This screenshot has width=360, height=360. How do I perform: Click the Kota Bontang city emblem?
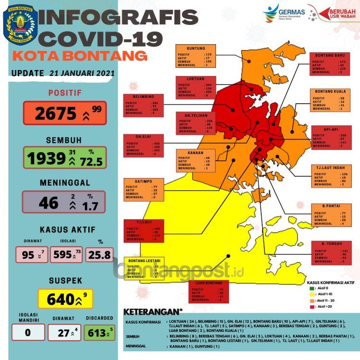pyautogui.click(x=18, y=24)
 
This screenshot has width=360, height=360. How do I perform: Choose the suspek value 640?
pyautogui.click(x=60, y=300)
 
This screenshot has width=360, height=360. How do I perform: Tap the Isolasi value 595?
pyautogui.click(x=60, y=255)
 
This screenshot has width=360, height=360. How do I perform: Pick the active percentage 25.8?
pyautogui.click(x=100, y=255)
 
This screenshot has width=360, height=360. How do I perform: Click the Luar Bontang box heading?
pyautogui.click(x=208, y=283)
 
